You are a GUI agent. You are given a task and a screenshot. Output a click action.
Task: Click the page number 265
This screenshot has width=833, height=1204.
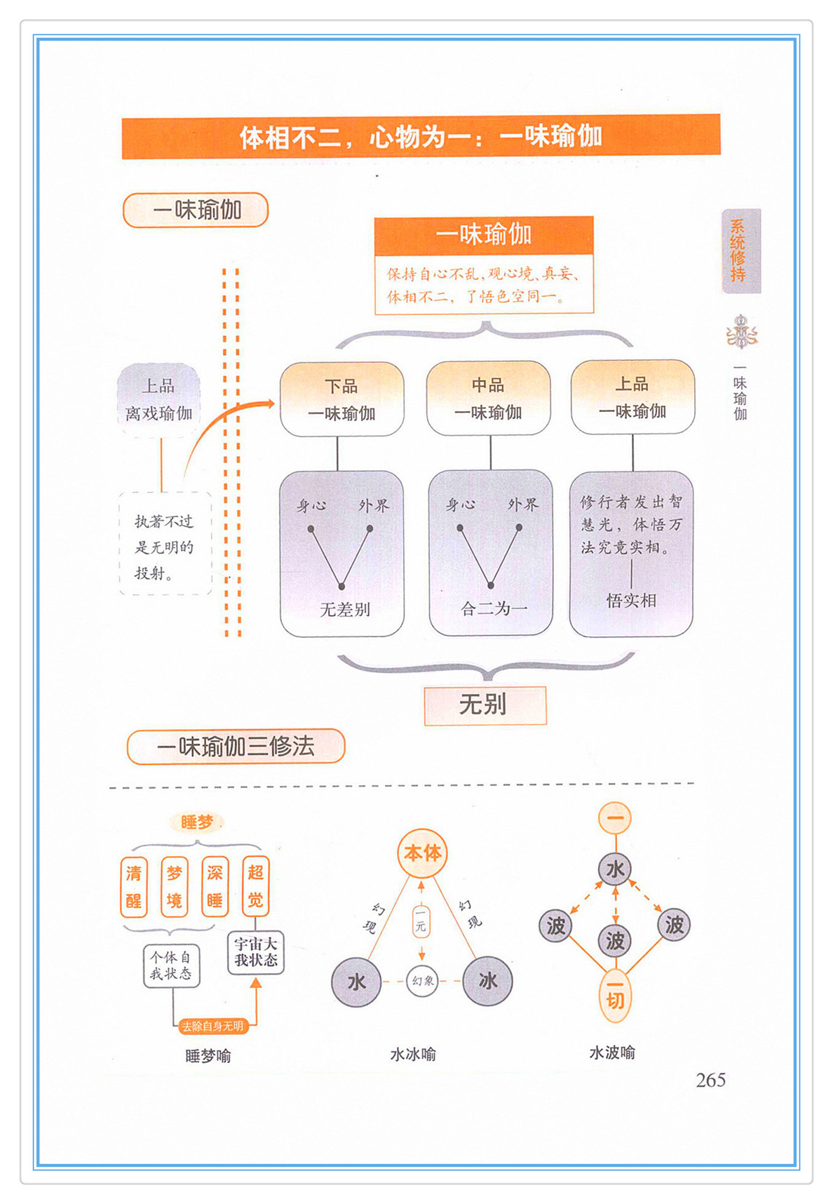[710, 1080]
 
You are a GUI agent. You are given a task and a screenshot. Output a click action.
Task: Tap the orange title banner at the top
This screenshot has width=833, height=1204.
[421, 136]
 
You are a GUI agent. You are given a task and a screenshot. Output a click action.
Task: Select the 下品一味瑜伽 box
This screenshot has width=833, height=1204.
[342, 399]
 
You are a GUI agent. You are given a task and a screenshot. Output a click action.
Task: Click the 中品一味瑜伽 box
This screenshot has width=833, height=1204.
[489, 398]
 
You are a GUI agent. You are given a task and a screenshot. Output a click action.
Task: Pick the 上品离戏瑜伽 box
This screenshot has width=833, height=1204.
[159, 400]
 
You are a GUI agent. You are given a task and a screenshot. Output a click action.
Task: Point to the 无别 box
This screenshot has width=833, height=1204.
[485, 704]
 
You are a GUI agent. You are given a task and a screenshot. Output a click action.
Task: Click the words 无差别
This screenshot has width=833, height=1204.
[345, 609]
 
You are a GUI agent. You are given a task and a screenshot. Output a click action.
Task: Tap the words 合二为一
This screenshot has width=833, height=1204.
[494, 608]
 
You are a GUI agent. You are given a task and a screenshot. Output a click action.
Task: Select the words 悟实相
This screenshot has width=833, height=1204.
[632, 601]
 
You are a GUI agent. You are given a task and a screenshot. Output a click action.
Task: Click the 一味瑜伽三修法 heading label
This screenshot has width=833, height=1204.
[236, 746]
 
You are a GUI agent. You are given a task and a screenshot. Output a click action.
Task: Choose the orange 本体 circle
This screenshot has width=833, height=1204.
[422, 853]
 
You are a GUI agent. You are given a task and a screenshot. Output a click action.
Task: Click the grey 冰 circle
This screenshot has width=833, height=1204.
[488, 981]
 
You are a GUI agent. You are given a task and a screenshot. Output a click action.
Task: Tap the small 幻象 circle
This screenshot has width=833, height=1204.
[422, 981]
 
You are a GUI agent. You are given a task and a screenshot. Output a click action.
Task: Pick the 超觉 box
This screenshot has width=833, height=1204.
[256, 886]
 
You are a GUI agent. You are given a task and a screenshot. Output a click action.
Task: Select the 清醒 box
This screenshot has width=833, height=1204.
[134, 887]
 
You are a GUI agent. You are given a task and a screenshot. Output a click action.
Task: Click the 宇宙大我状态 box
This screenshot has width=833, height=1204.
[256, 952]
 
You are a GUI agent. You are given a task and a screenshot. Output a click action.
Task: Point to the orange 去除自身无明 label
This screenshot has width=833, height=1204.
[212, 1026]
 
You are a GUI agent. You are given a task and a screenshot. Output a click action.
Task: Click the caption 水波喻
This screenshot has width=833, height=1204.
[612, 1052]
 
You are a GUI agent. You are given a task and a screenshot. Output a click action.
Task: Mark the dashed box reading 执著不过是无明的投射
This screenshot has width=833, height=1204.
[165, 544]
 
